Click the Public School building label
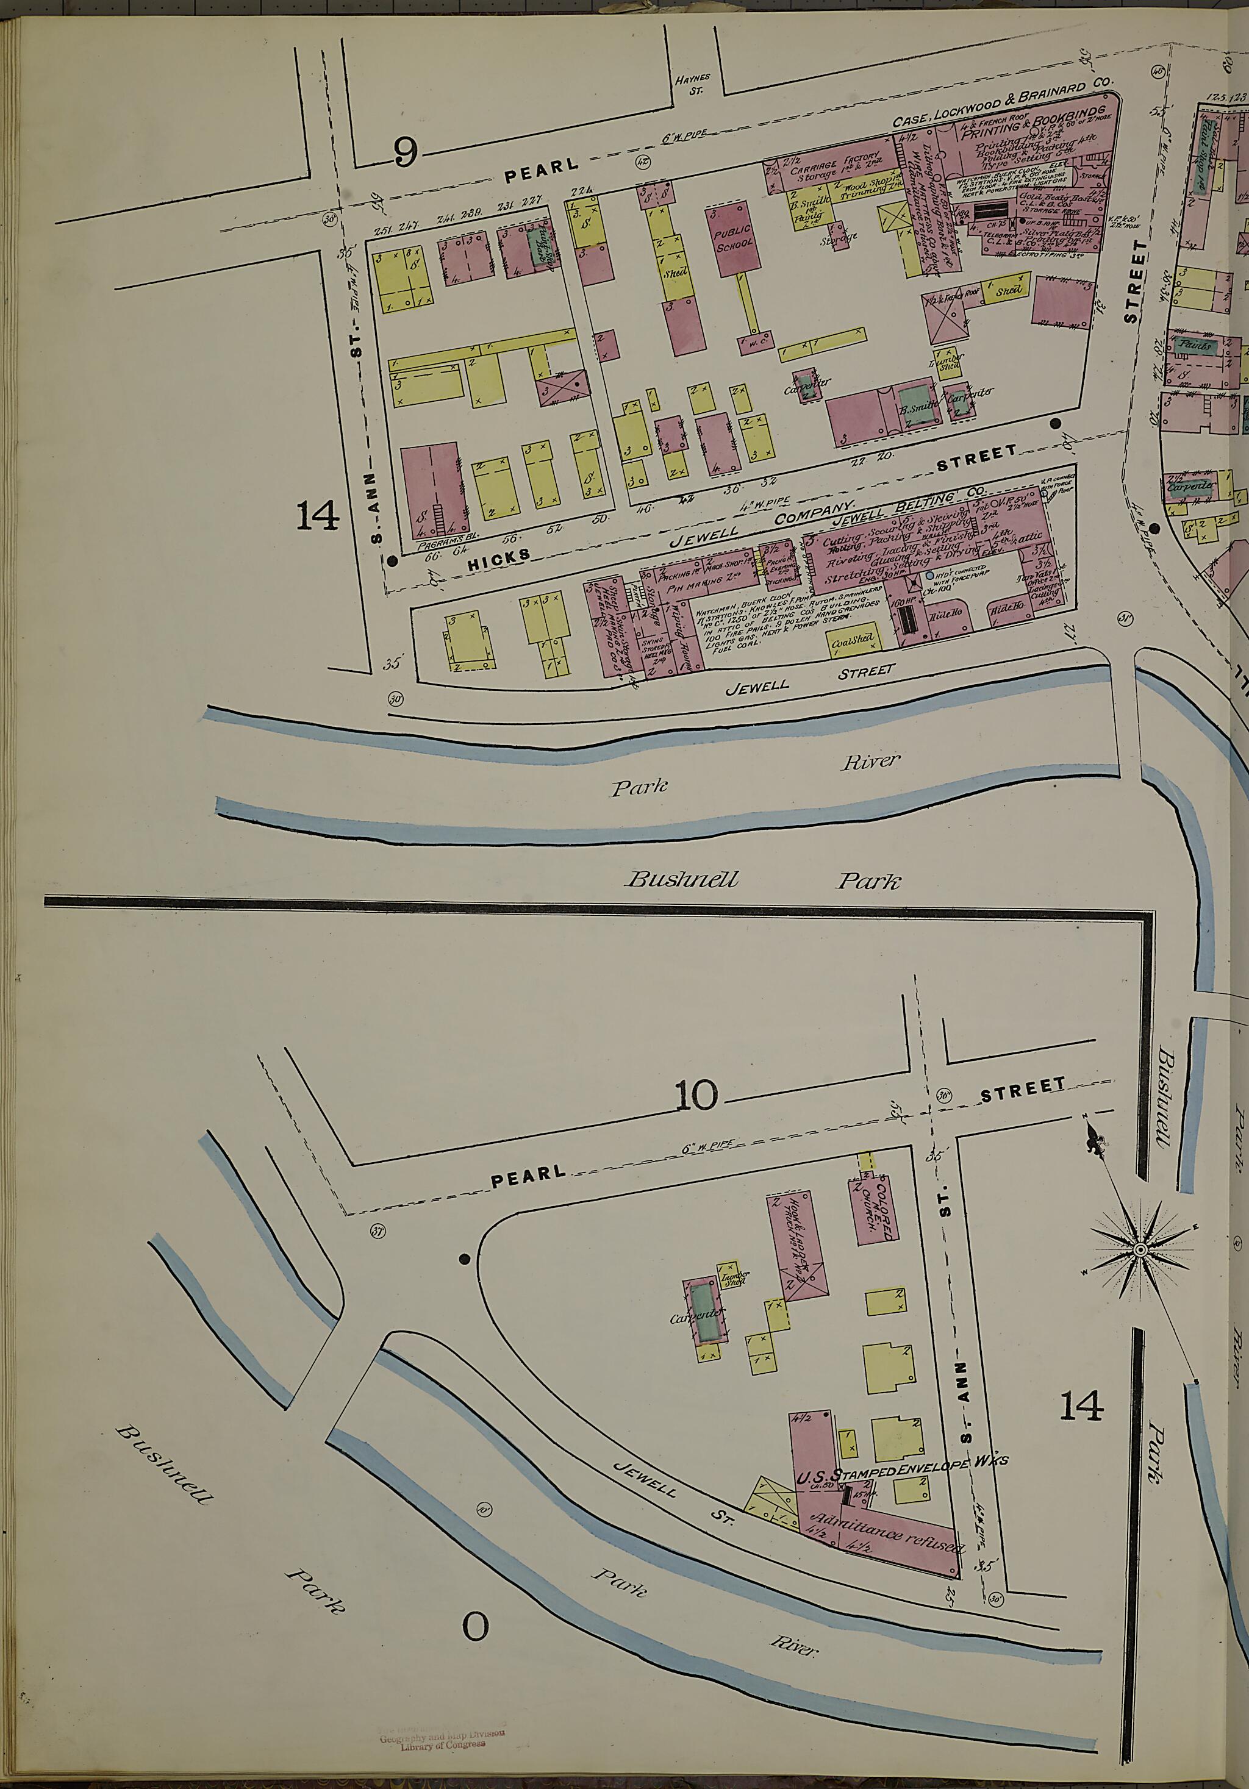click(x=735, y=236)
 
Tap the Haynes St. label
click(x=692, y=84)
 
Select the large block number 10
click(x=695, y=1096)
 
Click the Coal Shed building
click(x=851, y=641)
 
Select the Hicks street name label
click(x=499, y=557)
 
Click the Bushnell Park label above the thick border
click(x=762, y=881)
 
